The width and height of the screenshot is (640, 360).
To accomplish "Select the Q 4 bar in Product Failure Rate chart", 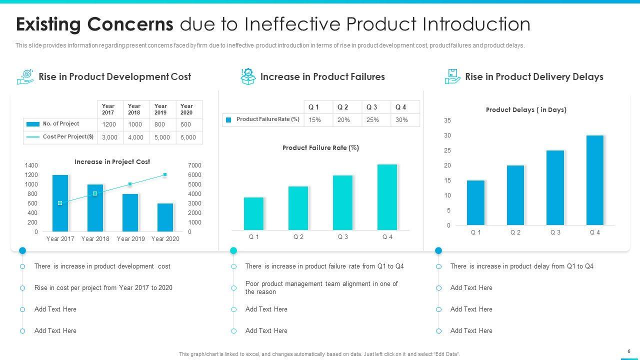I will (x=387, y=197).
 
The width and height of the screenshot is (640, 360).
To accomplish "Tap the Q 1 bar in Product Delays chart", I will (x=475, y=202).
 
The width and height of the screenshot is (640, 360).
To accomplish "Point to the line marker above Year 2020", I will (x=165, y=174).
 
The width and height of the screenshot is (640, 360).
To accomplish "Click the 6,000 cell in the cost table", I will (x=188, y=137).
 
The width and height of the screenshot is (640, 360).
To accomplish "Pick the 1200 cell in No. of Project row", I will (x=109, y=124).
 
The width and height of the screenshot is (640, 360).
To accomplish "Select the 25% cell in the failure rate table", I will (x=372, y=120).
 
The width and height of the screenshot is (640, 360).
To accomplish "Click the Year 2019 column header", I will (x=161, y=109).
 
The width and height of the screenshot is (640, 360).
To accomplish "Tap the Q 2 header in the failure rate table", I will (x=343, y=107).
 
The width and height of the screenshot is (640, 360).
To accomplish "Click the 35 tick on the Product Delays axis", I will (x=447, y=120).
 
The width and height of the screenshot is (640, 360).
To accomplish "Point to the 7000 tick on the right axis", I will (x=194, y=165).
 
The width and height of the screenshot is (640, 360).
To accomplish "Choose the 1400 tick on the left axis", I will (x=31, y=165).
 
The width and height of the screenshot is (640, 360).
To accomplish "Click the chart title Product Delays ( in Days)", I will (x=526, y=110).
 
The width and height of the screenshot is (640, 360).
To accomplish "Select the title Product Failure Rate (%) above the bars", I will (x=320, y=148).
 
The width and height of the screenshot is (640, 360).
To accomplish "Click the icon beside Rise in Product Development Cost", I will (x=25, y=76).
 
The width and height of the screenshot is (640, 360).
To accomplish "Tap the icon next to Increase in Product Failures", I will (x=247, y=76).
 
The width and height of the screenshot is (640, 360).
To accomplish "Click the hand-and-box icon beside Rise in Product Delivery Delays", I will (x=452, y=76).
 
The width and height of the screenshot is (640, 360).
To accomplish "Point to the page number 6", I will (x=628, y=351).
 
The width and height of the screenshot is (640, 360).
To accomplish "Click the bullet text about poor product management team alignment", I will (x=321, y=287).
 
